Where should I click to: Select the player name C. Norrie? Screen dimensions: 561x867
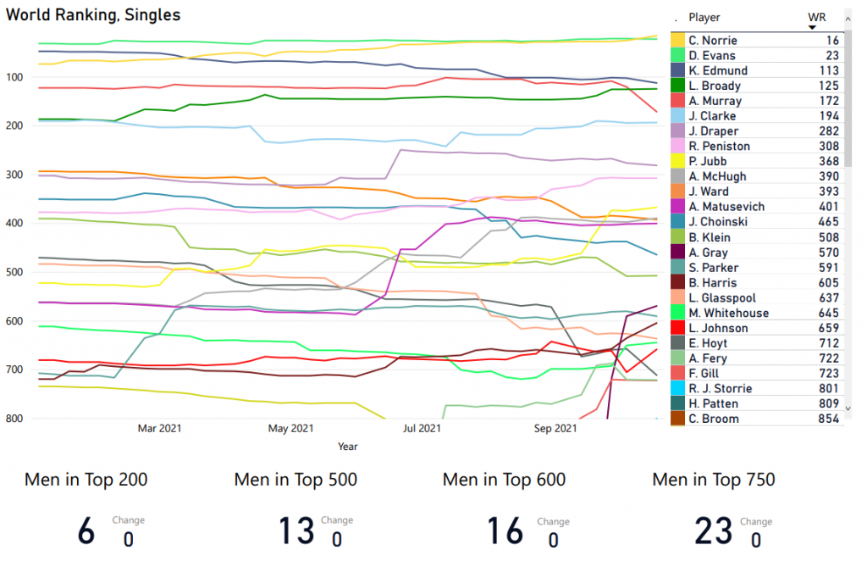[x=712, y=41]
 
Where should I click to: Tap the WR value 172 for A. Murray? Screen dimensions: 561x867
[x=829, y=101]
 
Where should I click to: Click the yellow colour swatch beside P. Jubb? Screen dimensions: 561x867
[x=678, y=162]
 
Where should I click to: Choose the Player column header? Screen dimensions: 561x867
[x=704, y=17]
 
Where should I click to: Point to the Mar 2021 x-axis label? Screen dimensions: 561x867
[x=159, y=429]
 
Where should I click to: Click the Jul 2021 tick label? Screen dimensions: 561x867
[x=421, y=429]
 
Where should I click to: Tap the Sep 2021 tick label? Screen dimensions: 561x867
[x=555, y=429]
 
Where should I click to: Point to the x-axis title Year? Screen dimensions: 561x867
[x=347, y=446]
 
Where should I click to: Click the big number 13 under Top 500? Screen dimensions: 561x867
[x=296, y=531]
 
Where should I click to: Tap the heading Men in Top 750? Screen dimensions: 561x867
[x=713, y=480]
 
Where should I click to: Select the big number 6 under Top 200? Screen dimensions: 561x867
[x=86, y=531]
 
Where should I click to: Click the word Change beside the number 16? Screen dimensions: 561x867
[x=553, y=522]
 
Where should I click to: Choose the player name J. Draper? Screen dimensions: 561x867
[x=713, y=131]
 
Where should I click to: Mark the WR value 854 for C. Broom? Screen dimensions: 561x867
[x=829, y=419]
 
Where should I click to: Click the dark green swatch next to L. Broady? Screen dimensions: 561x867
[x=678, y=86]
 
